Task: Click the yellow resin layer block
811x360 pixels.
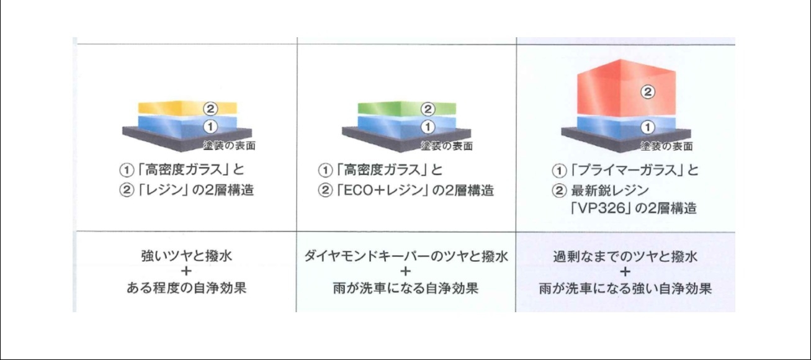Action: point(187,107)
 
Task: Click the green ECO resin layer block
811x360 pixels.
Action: point(407,108)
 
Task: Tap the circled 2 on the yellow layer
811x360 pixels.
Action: point(210,108)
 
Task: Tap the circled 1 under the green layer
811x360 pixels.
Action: point(428,127)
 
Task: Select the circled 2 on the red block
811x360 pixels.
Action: point(648,92)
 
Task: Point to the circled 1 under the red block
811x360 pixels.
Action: point(647,127)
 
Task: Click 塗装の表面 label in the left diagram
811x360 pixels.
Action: point(229,146)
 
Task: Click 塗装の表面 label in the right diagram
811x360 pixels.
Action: point(666,146)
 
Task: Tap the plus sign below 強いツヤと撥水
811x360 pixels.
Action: point(186,271)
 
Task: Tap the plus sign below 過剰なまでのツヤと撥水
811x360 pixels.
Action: point(625,272)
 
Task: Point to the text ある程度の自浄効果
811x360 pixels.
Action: point(186,288)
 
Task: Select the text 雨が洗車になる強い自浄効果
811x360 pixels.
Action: point(625,289)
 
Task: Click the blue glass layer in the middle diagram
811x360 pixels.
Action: point(407,126)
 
